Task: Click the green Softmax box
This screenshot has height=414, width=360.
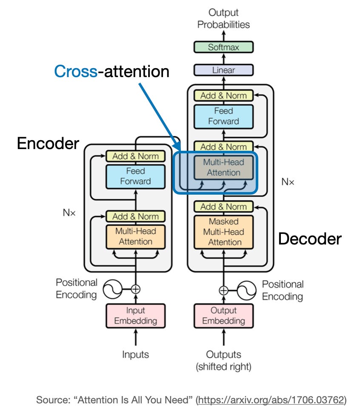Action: click(x=223, y=47)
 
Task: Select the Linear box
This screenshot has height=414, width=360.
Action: click(x=223, y=70)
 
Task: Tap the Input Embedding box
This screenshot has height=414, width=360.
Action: click(x=135, y=316)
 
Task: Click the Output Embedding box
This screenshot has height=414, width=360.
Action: click(x=223, y=316)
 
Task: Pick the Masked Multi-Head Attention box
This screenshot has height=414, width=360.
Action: click(x=223, y=232)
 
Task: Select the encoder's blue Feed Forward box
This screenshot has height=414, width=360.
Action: click(x=135, y=176)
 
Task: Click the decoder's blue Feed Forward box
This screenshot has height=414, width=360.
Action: click(x=223, y=116)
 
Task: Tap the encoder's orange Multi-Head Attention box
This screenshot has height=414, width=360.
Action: click(x=135, y=236)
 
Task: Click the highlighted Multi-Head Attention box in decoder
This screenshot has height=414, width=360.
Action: click(x=223, y=167)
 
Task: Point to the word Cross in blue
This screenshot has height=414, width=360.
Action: click(x=75, y=71)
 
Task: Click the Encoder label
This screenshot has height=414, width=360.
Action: click(x=48, y=144)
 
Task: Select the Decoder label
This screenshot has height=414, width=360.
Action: click(x=310, y=239)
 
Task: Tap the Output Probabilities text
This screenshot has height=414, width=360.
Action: click(x=223, y=18)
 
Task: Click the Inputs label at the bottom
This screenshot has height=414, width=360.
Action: click(x=135, y=354)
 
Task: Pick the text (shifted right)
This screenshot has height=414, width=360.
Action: click(x=223, y=366)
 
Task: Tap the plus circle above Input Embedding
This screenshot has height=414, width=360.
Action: click(x=135, y=289)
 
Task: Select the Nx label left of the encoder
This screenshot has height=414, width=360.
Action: click(x=69, y=212)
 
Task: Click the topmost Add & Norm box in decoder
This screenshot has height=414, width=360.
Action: click(x=223, y=95)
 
